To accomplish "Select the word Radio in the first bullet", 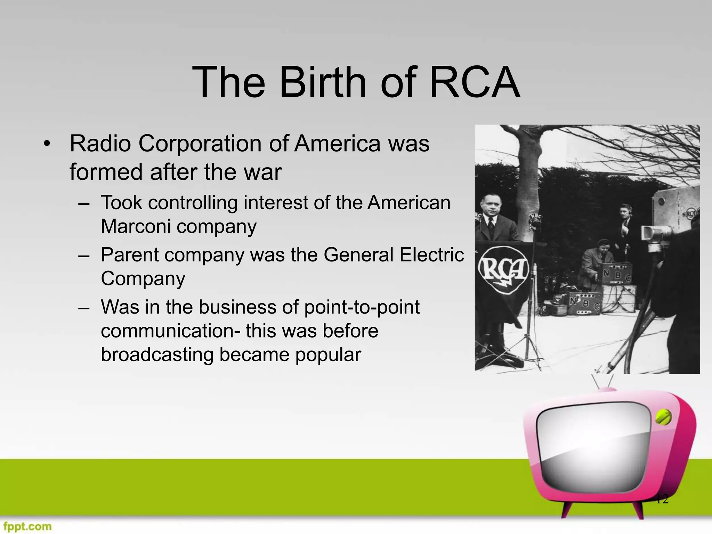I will [100, 143].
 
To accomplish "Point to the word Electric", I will [431, 255].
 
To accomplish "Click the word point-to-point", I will [362, 307].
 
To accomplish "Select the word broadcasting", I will [156, 355].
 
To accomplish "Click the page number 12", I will [662, 500].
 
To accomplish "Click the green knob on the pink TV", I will [663, 418].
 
